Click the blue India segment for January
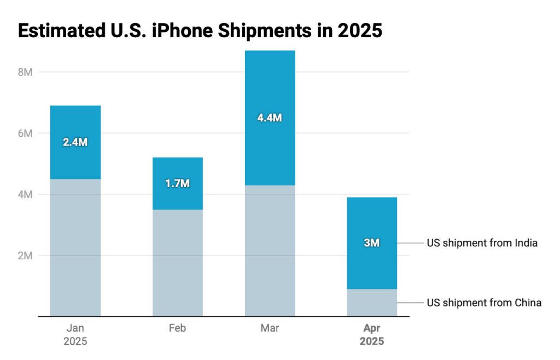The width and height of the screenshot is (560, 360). click(75, 123)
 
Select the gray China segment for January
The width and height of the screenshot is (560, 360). click(75, 247)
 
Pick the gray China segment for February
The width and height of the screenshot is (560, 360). click(177, 263)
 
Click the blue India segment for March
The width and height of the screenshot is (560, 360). click(270, 88)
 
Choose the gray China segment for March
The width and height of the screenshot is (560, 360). click(270, 251)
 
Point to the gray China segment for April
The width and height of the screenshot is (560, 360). click(372, 303)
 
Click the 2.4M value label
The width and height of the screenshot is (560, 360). click(75, 142)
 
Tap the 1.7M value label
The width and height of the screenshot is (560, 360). click(177, 183)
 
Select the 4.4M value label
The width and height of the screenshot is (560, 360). click(270, 117)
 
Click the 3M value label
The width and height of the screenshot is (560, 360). click(372, 243)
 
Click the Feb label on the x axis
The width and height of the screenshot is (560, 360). click(177, 328)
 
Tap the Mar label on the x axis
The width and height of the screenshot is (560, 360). click(270, 328)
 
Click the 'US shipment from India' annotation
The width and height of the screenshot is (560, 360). click(482, 243)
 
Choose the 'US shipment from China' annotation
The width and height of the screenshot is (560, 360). click(484, 303)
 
